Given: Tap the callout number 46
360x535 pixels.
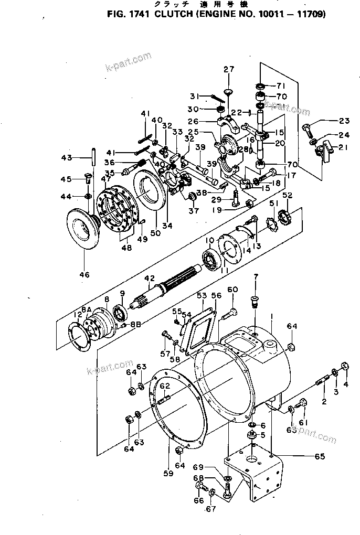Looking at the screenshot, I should click(84, 274).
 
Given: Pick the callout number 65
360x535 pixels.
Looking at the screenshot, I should click(320, 456).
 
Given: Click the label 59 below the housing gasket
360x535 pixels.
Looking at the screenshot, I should click(168, 474).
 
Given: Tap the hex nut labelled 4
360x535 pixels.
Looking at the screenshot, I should click(345, 366).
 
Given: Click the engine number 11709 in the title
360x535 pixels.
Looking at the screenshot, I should click(310, 14).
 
